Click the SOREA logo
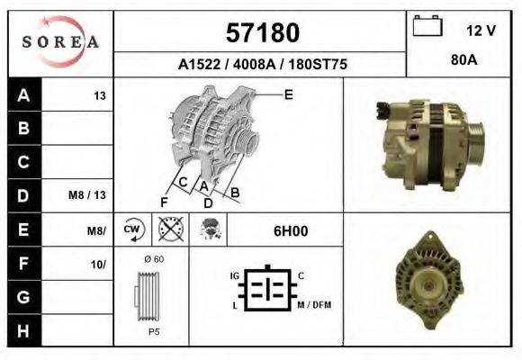(59, 41)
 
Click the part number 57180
(261, 33)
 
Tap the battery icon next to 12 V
(427, 28)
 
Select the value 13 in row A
(100, 95)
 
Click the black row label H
(23, 330)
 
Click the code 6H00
(291, 230)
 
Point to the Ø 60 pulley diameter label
(153, 260)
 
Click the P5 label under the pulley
(153, 330)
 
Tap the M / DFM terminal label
(314, 304)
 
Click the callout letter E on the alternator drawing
(288, 94)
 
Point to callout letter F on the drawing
(164, 200)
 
